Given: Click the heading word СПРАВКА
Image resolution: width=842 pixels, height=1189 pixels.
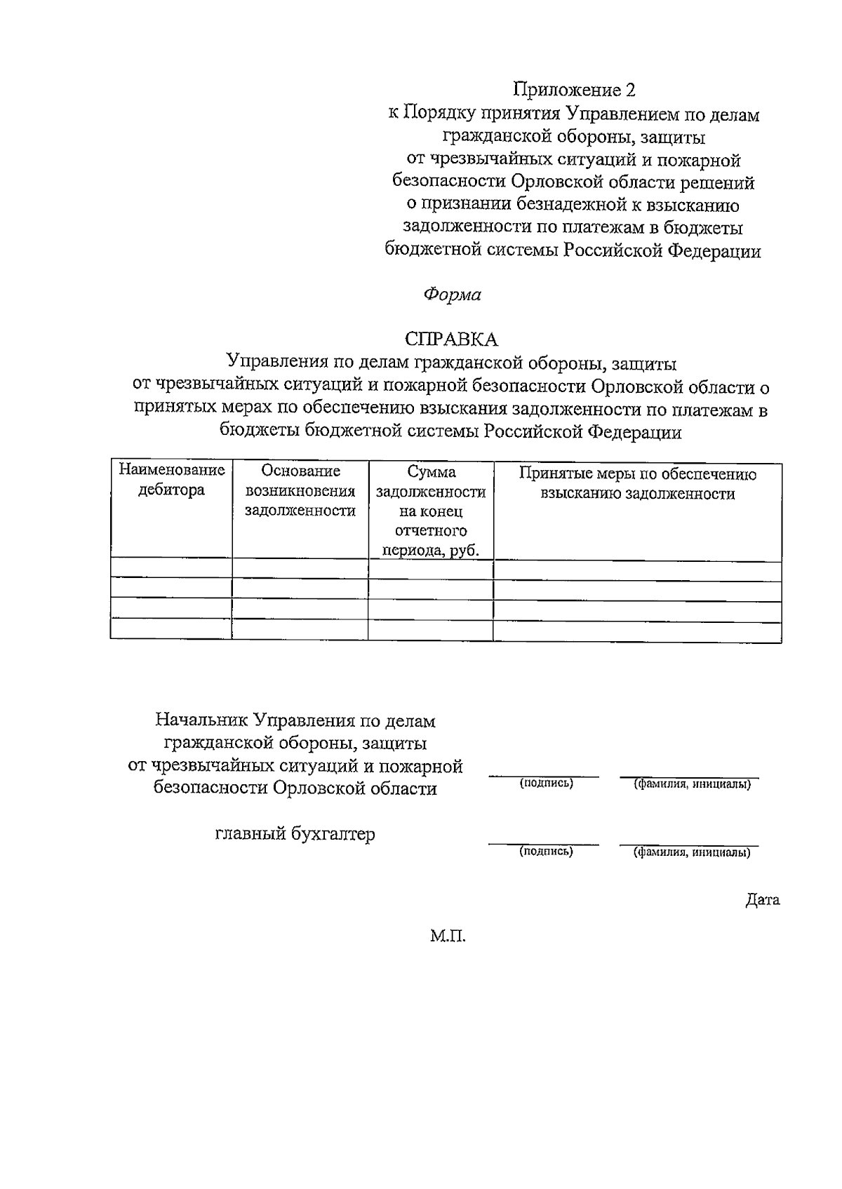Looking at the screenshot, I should coord(451,340).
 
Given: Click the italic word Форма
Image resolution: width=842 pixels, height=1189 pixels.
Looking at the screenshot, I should coord(452,295).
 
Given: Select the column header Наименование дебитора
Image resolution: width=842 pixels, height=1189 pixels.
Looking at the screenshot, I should coord(171,481).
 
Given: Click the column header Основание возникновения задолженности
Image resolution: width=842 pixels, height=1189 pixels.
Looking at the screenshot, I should coord(300,490).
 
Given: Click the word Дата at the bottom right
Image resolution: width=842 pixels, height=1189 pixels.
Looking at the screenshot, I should coord(762,900).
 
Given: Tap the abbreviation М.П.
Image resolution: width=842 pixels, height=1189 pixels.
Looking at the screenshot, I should coord(448,936).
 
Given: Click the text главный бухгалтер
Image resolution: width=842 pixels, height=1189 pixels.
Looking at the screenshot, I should coord(295,834).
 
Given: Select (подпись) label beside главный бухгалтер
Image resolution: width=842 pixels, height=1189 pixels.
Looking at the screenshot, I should coord(546,852).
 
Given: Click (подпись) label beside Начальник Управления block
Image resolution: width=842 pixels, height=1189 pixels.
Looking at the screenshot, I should coord(546,784).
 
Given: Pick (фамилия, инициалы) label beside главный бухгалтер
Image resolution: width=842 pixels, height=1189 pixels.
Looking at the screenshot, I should coord(692,853).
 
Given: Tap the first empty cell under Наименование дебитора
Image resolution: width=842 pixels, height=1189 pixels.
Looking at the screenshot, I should coord(171,569).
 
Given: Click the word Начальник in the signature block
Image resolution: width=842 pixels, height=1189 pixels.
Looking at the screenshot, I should coord(201,720).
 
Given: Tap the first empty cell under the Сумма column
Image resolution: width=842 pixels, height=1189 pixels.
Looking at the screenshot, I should coord(431,569).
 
